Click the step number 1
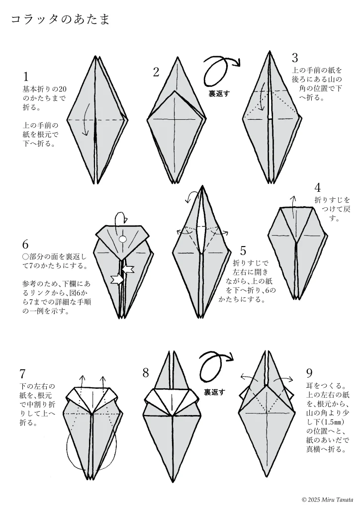tap(26, 77)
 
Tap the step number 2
tap(156, 73)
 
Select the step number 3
tap(295, 58)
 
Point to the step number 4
tap(317, 188)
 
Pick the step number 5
tap(243, 250)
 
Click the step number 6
tap(26, 244)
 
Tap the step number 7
tap(23, 374)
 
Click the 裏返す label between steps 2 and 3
tap(219, 93)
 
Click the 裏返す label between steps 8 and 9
tap(214, 392)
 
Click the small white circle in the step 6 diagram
tap(123, 240)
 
